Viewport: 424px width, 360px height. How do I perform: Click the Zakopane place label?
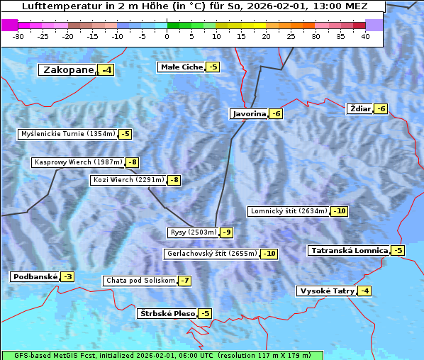pos(68,70)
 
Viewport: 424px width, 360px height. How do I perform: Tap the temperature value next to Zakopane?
pos(107,70)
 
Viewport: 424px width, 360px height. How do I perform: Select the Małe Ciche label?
pos(181,67)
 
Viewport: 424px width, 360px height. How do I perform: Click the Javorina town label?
pos(249,113)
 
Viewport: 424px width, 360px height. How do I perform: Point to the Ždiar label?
pos(360,108)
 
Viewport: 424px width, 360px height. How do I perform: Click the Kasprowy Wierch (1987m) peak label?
pos(78,162)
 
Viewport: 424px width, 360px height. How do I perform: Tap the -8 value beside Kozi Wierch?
pos(174,180)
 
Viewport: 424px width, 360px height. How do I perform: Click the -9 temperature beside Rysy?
pos(227,232)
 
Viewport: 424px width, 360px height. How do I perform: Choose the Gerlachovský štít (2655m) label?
pos(211,254)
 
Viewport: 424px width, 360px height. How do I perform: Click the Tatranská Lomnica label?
pos(350,251)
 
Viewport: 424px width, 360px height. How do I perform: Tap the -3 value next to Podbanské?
pos(67,277)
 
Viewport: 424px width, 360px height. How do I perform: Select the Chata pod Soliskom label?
pos(140,281)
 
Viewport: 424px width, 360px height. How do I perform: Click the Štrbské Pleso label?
pos(167,313)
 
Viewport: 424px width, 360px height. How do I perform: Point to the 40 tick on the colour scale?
pos(365,36)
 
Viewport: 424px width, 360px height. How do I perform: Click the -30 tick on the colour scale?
pos(18,36)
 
